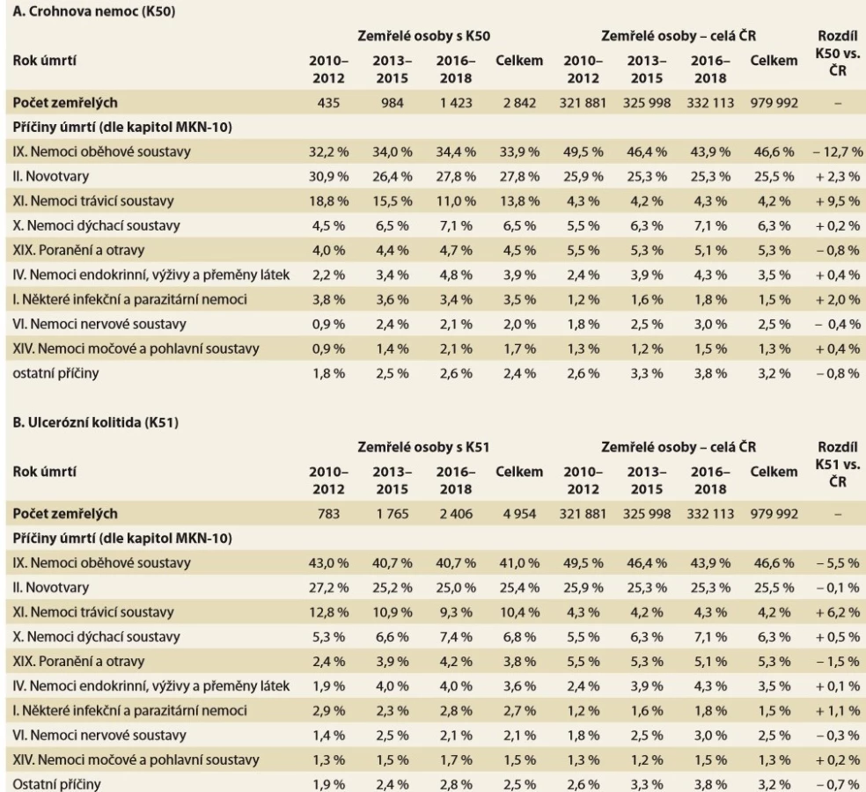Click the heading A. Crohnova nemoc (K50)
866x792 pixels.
[94, 11]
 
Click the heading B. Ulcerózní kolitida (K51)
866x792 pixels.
[96, 422]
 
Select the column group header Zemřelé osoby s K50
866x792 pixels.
[423, 36]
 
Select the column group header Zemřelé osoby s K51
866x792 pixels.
[423, 447]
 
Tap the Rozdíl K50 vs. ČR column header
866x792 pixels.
[838, 53]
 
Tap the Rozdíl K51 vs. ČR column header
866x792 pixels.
[838, 464]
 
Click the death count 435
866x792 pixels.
[328, 103]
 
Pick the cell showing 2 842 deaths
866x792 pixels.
[519, 103]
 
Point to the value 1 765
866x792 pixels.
[393, 514]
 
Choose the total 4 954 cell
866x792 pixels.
[519, 514]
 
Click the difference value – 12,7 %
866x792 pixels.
[838, 152]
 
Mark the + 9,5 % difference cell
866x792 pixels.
[838, 201]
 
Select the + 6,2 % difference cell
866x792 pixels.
[838, 612]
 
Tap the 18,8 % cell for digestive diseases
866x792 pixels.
[328, 201]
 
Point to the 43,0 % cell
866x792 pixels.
[328, 563]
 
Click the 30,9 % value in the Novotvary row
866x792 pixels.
[328, 177]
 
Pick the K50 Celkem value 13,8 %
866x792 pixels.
[519, 201]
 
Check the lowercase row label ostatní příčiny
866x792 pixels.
[55, 373]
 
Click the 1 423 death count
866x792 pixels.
[456, 103]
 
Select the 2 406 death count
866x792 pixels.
[456, 514]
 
